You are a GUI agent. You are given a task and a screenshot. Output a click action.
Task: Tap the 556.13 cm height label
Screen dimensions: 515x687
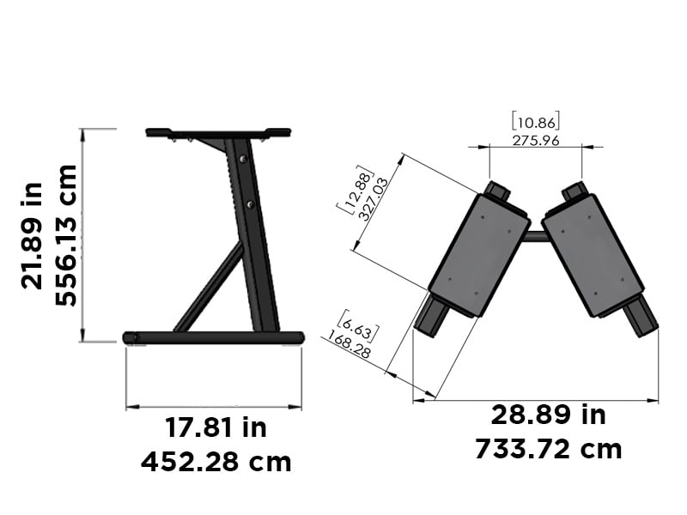point(66,235)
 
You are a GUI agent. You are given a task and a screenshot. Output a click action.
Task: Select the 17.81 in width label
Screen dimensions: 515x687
point(216,427)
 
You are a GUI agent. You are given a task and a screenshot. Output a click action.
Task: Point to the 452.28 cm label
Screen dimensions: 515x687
point(216,462)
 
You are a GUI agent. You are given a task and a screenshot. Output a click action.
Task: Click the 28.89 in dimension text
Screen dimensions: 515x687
point(548,415)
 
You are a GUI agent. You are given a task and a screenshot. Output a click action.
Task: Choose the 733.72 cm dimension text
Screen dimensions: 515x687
point(548,449)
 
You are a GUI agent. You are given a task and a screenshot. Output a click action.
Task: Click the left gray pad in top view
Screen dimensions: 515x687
point(479,253)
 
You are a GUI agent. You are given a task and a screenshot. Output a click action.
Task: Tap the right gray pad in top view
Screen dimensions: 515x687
point(593,253)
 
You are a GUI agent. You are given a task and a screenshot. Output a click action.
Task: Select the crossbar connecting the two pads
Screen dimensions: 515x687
point(535,236)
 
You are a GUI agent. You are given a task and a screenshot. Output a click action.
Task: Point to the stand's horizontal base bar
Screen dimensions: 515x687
point(215,337)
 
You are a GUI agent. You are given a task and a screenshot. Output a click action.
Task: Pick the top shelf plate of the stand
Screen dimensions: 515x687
point(218,132)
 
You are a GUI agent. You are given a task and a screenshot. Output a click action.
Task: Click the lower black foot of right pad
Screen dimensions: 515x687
point(640,317)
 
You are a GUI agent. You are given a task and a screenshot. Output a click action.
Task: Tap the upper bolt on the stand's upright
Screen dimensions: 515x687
point(243,160)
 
